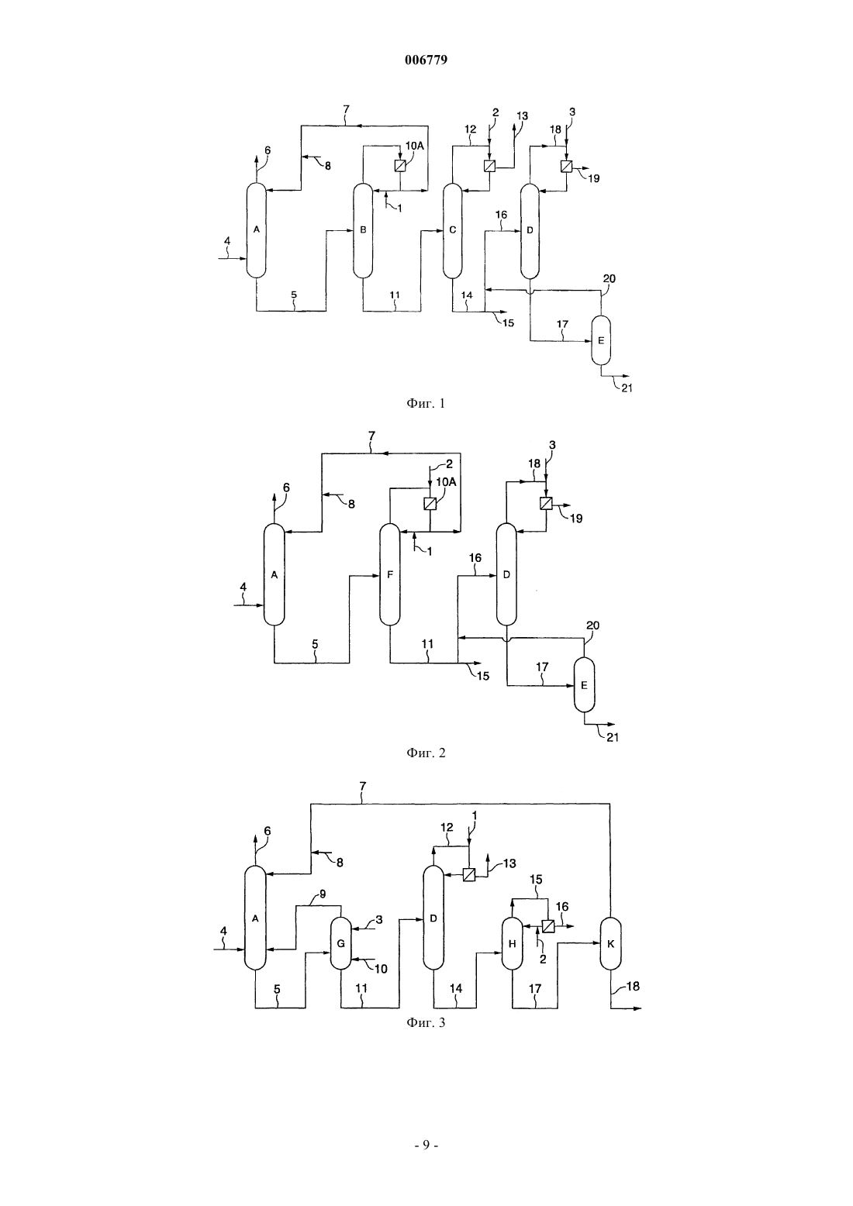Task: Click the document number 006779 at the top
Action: point(426,60)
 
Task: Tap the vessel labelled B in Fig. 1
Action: point(363,230)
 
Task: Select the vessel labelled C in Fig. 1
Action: point(452,230)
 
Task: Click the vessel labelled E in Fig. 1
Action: point(601,340)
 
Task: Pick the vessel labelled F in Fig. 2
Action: point(390,574)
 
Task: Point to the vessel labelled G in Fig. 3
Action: point(340,943)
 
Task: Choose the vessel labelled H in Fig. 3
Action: point(512,943)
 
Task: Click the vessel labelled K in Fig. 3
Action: point(611,943)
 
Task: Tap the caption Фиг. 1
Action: point(426,403)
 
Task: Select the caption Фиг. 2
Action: point(426,753)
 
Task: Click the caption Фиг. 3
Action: point(426,1022)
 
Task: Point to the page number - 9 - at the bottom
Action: point(426,1146)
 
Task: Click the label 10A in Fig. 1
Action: point(414,146)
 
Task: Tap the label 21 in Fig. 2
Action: point(613,737)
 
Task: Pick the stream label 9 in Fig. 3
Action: point(323,894)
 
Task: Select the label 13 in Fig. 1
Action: point(522,115)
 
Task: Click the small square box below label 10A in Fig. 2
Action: point(430,503)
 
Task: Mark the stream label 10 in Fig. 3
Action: point(381,969)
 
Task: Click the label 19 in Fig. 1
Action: point(593,178)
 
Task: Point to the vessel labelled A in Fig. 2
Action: point(274,574)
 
